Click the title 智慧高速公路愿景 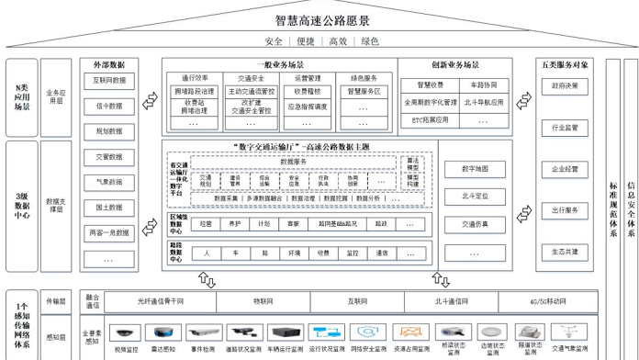pos(320,19)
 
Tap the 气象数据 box pos(108,182)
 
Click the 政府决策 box pos(565,85)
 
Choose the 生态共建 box pos(565,251)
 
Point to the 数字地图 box pos(475,169)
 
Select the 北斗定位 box pos(475,196)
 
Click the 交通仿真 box pos(475,223)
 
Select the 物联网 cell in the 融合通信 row pos(263,299)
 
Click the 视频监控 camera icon pos(126,333)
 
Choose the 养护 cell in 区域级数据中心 pos(236,223)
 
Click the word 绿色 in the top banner pos(370,41)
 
